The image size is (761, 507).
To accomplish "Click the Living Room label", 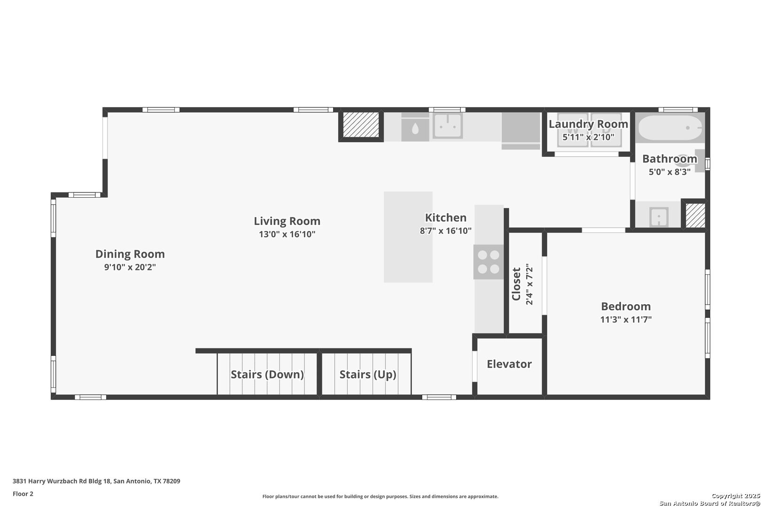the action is (287, 221).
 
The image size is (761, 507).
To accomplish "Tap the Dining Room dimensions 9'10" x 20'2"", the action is (130, 267).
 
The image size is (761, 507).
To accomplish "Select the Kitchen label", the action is (446, 218).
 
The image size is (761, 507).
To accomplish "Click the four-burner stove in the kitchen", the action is (489, 262).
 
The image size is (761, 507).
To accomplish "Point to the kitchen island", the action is (408, 237).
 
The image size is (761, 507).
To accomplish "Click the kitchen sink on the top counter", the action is (447, 126).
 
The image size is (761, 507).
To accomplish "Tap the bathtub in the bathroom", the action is (670, 128).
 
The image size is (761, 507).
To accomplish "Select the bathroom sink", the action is (659, 217).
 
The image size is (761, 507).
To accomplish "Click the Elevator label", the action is (509, 364).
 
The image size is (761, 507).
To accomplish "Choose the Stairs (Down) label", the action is (267, 375).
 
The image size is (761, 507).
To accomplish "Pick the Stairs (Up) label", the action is (368, 375).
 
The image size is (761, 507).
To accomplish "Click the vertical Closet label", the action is (516, 284).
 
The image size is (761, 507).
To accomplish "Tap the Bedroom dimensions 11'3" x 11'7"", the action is (626, 320).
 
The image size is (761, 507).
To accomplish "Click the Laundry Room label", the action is (589, 124).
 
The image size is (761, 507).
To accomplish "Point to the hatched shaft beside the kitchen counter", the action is (361, 124).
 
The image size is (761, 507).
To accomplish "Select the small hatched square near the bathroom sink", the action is (695, 215).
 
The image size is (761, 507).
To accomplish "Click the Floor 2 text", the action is (23, 494).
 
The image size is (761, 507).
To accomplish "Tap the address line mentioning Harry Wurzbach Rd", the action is (96, 481).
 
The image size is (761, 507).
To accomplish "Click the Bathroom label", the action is (669, 159).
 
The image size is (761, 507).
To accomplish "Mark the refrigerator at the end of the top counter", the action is (521, 131).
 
